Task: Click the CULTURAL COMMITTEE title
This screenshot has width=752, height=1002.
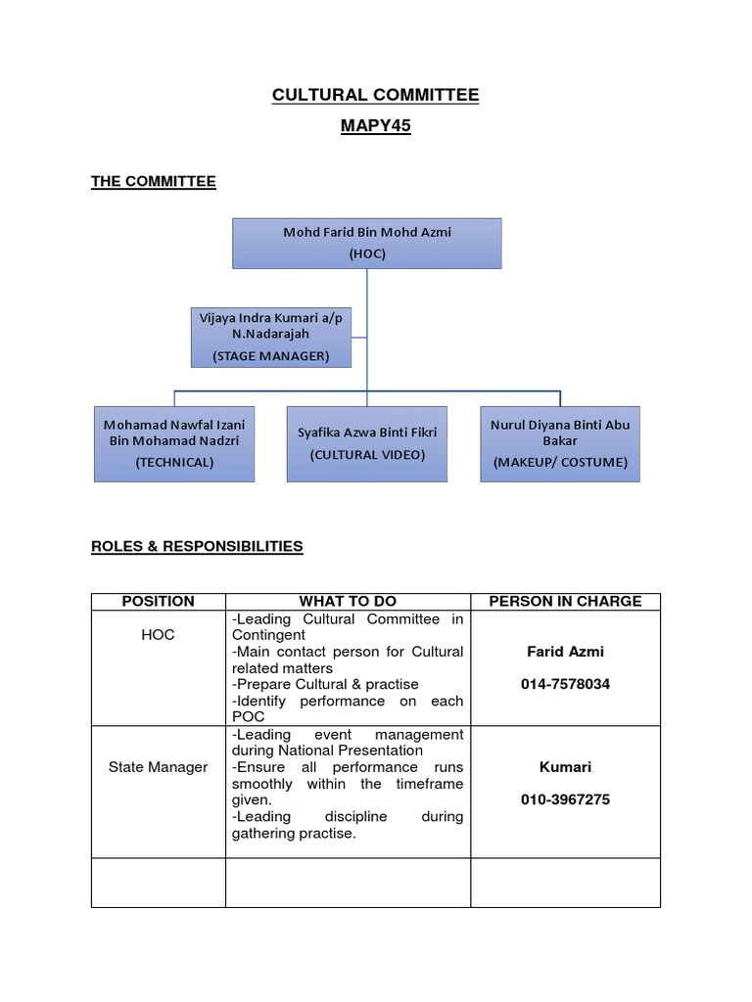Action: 375,95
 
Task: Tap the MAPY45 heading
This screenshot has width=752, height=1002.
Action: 375,126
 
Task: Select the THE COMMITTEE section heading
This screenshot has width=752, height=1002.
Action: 153,181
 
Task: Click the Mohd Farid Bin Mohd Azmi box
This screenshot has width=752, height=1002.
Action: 367,243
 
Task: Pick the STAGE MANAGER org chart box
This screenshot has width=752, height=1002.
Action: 271,338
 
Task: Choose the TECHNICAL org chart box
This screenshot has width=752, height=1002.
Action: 174,443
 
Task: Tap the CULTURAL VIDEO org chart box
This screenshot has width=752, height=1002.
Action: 367,443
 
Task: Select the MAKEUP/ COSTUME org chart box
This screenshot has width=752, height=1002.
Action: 560,443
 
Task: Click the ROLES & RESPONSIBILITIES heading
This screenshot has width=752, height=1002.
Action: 197,547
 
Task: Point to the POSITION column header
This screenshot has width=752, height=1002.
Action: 158,601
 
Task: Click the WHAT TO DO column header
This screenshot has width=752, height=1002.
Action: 348,601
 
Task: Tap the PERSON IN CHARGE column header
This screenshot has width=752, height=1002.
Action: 565,601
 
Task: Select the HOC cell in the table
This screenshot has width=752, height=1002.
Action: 158,635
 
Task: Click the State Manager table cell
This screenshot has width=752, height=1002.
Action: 158,767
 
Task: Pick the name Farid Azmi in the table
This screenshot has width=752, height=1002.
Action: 565,652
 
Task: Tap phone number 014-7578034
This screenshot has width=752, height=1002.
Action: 565,684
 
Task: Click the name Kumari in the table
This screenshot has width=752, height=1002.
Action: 565,767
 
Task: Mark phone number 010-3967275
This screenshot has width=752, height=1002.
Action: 565,799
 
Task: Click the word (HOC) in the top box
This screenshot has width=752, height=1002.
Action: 367,253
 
